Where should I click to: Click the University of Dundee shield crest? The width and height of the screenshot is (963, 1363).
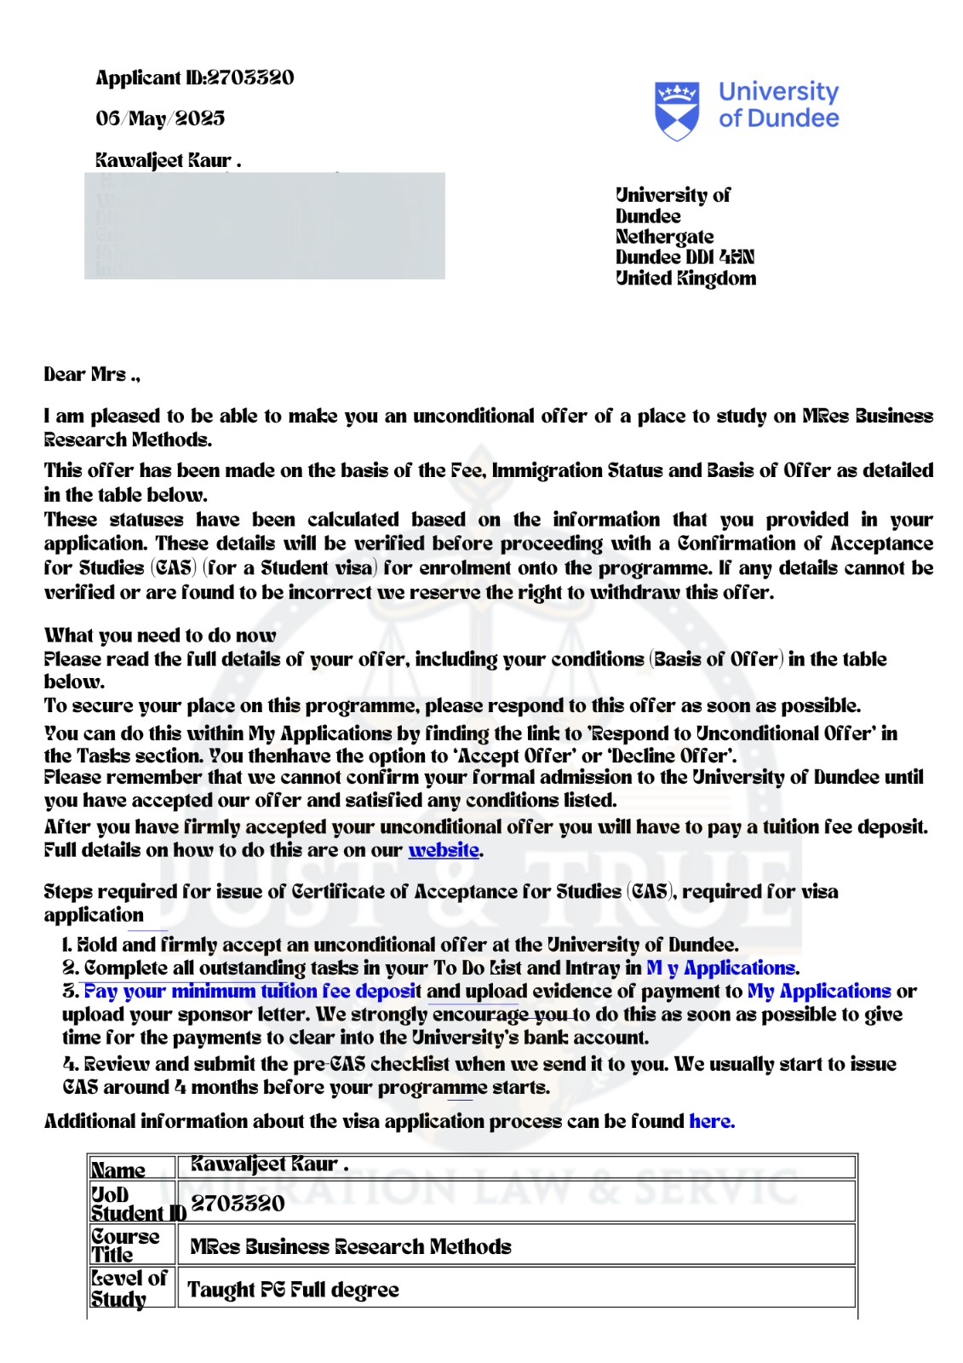click(677, 110)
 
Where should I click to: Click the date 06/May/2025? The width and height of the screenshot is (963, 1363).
click(160, 118)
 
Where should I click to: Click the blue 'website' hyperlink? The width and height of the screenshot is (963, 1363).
click(444, 850)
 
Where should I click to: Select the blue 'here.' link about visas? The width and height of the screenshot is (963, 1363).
click(712, 1121)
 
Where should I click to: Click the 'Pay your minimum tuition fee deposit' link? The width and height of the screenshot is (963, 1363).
click(251, 992)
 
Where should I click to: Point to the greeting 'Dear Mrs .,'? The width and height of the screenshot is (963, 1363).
click(92, 375)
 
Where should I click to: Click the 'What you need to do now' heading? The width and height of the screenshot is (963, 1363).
click(160, 635)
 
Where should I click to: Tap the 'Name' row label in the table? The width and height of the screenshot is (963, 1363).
click(118, 1170)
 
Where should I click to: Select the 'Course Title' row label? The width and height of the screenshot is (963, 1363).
click(125, 1245)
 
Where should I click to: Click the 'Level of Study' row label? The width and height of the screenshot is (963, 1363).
click(129, 1289)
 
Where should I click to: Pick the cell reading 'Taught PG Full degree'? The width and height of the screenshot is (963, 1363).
click(293, 1290)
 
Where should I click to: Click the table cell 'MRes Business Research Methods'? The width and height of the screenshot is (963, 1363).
click(350, 1247)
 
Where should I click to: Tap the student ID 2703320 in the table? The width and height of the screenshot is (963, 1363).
click(238, 1204)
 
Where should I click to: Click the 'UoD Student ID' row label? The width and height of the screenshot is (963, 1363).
click(136, 1204)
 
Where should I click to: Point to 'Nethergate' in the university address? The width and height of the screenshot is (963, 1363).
click(664, 237)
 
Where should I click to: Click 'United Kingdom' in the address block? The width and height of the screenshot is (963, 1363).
click(685, 279)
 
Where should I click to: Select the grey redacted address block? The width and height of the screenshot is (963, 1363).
click(264, 226)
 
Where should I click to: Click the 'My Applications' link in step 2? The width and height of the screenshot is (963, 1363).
click(722, 969)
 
